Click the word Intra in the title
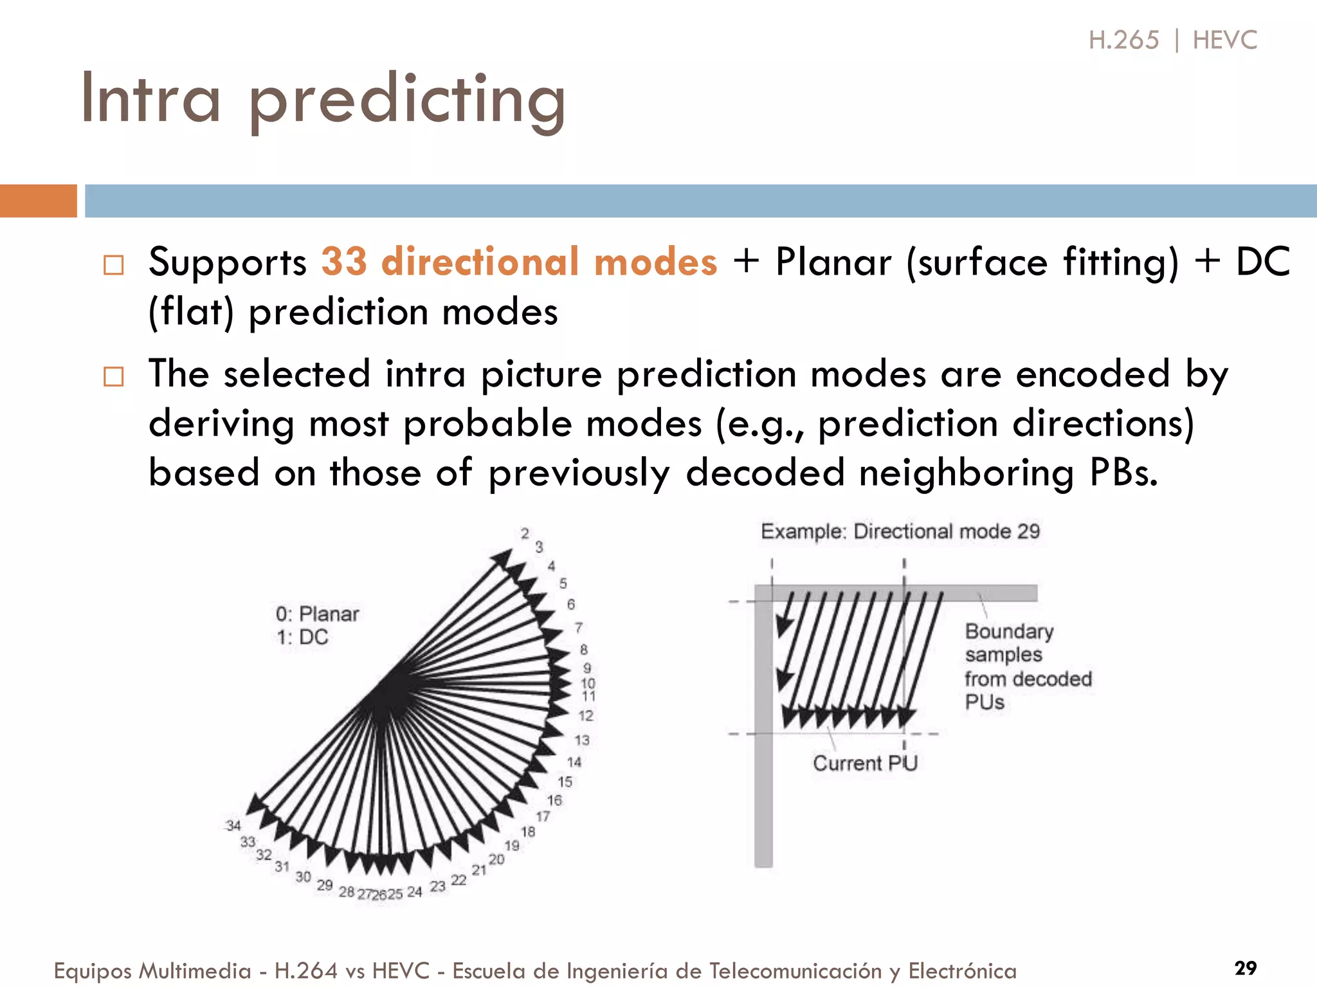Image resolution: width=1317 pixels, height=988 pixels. tap(150, 100)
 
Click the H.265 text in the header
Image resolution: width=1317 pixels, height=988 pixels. tap(1123, 41)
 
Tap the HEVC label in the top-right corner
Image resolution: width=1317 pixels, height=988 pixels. tap(1224, 41)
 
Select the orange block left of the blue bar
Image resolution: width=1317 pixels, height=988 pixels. tap(38, 201)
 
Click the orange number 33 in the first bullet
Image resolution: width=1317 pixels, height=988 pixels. tap(344, 262)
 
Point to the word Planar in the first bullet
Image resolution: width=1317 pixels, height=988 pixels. tap(833, 262)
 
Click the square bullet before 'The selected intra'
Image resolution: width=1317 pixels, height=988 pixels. tap(114, 376)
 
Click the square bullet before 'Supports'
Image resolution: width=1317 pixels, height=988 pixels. tap(114, 264)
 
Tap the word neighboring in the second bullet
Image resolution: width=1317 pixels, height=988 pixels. tap(966, 473)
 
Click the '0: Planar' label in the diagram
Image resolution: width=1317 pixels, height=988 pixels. tap(317, 614)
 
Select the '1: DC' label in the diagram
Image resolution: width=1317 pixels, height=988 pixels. tap(302, 637)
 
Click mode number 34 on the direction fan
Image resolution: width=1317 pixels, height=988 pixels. tap(233, 825)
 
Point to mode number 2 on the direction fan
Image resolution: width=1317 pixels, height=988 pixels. tap(525, 533)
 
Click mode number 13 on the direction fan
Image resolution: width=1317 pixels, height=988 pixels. tap(581, 740)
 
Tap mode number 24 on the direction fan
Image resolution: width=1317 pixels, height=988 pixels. tap(414, 892)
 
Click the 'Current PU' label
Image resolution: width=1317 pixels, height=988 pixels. tap(864, 763)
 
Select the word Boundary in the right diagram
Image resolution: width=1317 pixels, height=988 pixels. tap(1008, 631)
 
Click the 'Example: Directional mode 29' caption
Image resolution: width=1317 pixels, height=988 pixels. tap(900, 531)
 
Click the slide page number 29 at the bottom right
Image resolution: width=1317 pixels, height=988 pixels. tap(1246, 967)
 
